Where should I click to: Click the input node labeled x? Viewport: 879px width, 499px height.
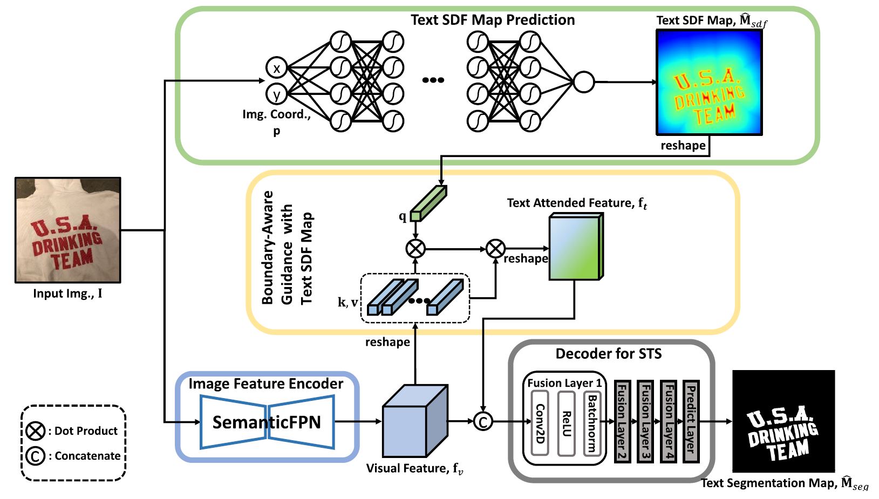pos(276,69)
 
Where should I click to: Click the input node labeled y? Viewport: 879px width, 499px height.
pos(276,94)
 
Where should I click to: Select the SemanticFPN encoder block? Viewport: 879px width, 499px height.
pos(267,422)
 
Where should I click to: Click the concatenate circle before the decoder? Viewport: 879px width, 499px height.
pos(483,422)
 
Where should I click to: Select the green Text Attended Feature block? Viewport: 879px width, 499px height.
pos(576,247)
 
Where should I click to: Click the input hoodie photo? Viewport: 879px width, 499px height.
pos(68,230)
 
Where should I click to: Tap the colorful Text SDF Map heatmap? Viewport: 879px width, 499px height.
pos(709,82)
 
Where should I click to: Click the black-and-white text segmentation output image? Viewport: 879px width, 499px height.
pos(783,421)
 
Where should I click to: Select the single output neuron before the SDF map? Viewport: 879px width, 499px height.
pos(583,82)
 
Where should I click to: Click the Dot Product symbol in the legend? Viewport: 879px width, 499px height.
pos(36,431)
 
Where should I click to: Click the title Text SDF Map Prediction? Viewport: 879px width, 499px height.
pos(493,20)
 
